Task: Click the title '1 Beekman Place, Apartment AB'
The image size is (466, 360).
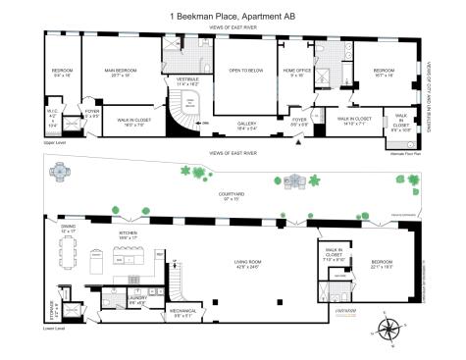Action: [233, 16]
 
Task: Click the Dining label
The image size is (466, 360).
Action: [68, 229]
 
